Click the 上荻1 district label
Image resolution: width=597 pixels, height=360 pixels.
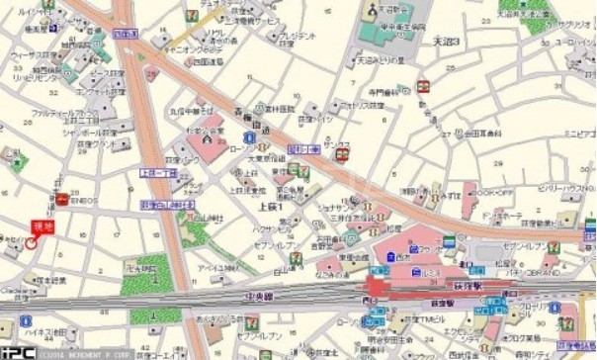[x=269, y=209]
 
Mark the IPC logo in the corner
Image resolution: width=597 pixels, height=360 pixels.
[x=14, y=350]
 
